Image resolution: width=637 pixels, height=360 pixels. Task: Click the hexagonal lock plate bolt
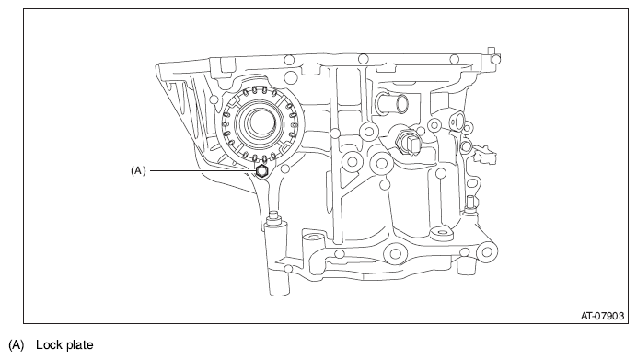pyautogui.click(x=261, y=170)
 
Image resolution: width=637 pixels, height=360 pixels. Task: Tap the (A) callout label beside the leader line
pyautogui.click(x=138, y=170)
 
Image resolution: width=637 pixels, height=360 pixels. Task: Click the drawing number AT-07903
pyautogui.click(x=602, y=316)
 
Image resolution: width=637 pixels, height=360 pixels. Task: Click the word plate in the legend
pyautogui.click(x=79, y=345)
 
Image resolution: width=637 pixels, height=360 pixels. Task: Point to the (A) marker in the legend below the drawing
pyautogui.click(x=17, y=345)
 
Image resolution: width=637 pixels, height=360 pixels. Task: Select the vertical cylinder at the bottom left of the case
pyautogui.click(x=278, y=256)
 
